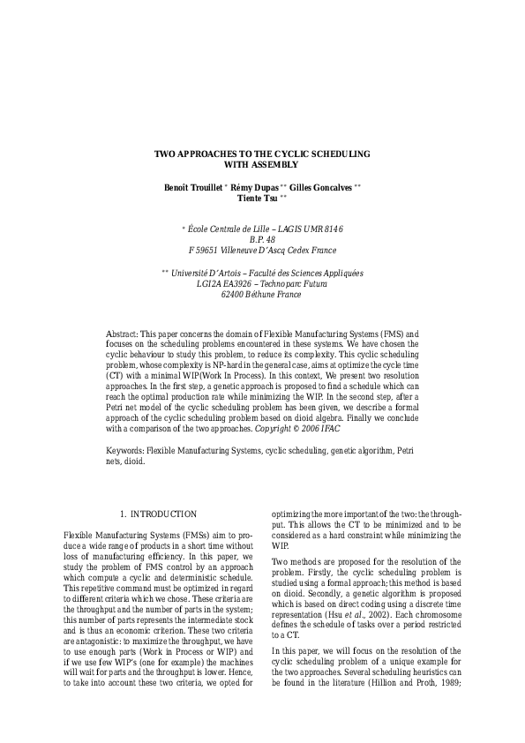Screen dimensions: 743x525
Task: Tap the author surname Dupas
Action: click(263, 188)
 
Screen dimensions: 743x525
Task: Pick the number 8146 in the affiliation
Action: click(328, 229)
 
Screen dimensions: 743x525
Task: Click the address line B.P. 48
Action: click(262, 239)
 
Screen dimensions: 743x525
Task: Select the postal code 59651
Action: click(214, 250)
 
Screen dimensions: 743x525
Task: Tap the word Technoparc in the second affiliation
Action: click(281, 284)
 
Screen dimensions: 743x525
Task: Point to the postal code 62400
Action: click(233, 295)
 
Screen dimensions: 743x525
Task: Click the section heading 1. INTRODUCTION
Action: click(159, 513)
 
